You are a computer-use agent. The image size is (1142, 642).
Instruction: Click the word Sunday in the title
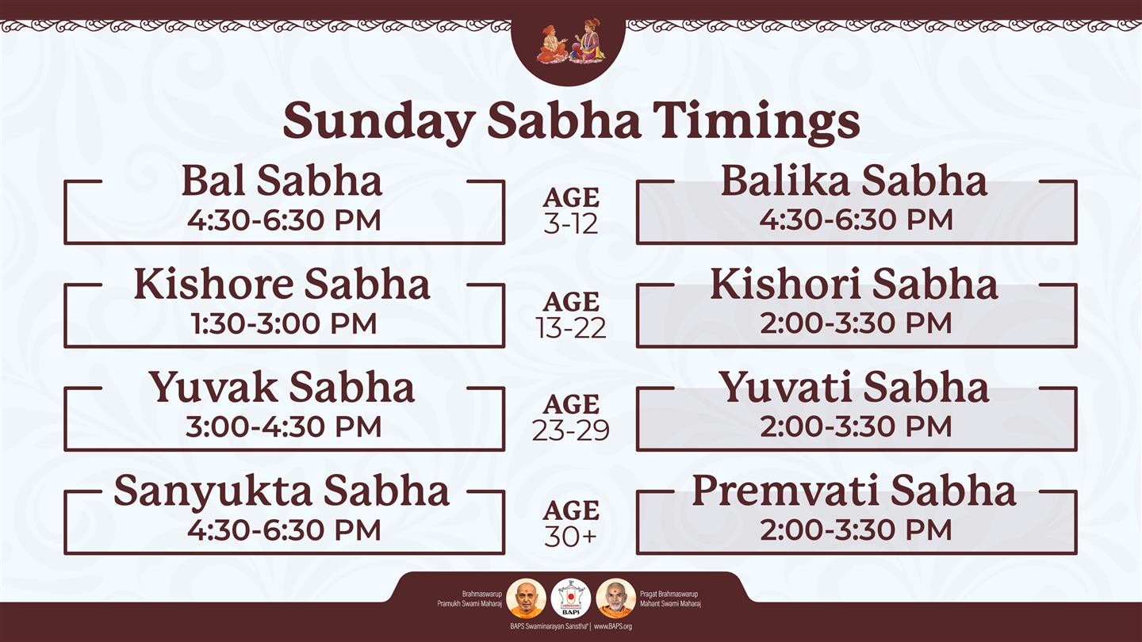pos(377,121)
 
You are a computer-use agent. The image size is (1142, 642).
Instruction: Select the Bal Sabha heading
pos(282,181)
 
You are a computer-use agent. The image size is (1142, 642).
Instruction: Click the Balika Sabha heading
pos(854,181)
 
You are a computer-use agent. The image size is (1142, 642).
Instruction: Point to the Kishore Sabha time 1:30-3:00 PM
pos(284,323)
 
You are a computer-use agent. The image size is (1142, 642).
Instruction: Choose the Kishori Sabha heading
pos(854,284)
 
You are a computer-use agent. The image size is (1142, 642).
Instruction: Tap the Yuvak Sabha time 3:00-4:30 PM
pos(283,426)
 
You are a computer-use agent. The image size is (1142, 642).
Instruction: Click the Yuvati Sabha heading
pos(854,388)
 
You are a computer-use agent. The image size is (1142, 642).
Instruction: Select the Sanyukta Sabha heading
pos(282,491)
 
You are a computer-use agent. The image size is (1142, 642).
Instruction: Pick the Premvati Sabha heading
pos(854,490)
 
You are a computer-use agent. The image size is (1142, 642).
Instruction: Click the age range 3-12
pos(571,224)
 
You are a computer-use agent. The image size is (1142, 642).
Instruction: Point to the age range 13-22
pos(571,327)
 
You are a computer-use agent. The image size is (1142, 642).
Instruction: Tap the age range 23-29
pos(571,430)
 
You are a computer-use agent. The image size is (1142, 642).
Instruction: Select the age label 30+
pos(571,536)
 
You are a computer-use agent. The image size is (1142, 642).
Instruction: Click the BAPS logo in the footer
pos(571,598)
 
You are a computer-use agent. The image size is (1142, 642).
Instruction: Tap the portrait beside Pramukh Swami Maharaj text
pos(526,598)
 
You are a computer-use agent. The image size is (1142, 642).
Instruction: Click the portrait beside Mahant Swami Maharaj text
pos(615,598)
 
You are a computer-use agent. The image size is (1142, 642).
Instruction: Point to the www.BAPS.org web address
pos(613,626)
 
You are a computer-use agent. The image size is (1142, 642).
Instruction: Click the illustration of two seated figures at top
pos(570,42)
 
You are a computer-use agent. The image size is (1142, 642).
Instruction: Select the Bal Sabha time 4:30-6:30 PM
pos(284,220)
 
